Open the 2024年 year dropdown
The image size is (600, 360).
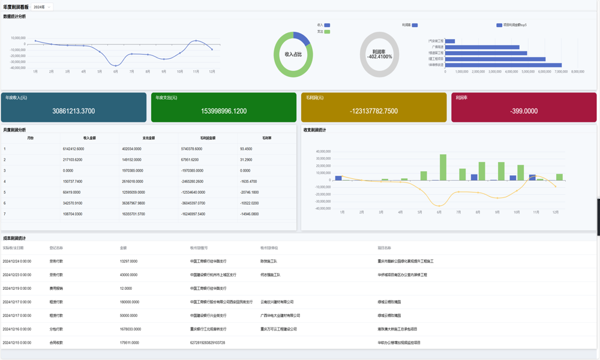pyautogui.click(x=42, y=7)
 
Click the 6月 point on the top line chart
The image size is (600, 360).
pyautogui.click(x=116, y=65)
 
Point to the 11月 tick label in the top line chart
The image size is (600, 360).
pyautogui.click(x=196, y=71)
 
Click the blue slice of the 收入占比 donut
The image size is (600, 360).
pyautogui.click(x=302, y=39)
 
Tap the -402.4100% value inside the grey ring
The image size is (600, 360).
pyautogui.click(x=379, y=57)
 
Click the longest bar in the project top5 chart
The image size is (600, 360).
pyautogui.click(x=503, y=65)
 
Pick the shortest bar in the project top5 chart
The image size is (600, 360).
pyautogui.click(x=450, y=41)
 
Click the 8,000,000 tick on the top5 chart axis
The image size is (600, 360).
pyautogui.click(x=577, y=71)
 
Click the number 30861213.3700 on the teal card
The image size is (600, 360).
pyautogui.click(x=73, y=111)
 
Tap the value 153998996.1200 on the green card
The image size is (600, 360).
pyautogui.click(x=223, y=111)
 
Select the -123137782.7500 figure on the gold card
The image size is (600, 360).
pyautogui.click(x=374, y=111)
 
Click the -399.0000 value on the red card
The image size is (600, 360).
pyautogui.click(x=524, y=111)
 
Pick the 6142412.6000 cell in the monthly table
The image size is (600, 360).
pyautogui.click(x=73, y=149)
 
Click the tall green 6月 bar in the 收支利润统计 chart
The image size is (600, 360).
pyautogui.click(x=443, y=167)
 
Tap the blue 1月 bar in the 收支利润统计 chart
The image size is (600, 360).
pyautogui.click(x=339, y=178)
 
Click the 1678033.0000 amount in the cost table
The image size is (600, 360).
pyautogui.click(x=130, y=329)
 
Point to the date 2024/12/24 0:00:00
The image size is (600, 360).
pyautogui.click(x=17, y=261)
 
